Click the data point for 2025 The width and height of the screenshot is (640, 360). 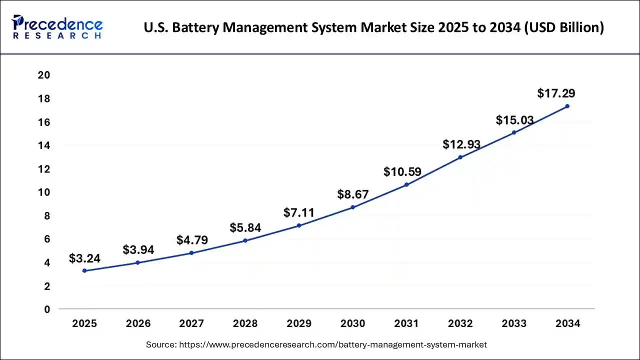tap(84, 270)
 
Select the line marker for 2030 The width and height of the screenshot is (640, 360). tap(352, 207)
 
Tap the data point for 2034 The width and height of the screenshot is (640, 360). tap(567, 106)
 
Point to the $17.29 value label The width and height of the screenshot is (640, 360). tap(556, 93)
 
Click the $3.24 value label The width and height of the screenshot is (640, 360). tap(84, 258)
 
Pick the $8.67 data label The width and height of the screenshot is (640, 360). tap(352, 194)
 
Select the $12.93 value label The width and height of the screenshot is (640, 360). tap(461, 145)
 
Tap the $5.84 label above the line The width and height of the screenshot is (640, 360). tap(245, 228)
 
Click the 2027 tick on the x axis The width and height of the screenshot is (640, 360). tap(191, 323)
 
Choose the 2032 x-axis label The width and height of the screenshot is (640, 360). tap(460, 323)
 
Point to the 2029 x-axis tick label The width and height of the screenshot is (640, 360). tap(299, 323)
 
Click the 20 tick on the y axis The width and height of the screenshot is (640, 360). tap(44, 75)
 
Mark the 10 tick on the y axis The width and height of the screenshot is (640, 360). tap(44, 192)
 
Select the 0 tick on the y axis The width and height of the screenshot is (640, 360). tap(47, 309)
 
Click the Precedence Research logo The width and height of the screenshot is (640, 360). tap(57, 27)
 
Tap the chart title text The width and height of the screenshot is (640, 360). tap(373, 27)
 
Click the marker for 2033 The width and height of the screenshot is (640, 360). tap(514, 132)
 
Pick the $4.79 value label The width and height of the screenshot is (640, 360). tap(192, 240)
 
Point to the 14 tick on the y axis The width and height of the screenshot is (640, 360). tap(44, 145)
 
